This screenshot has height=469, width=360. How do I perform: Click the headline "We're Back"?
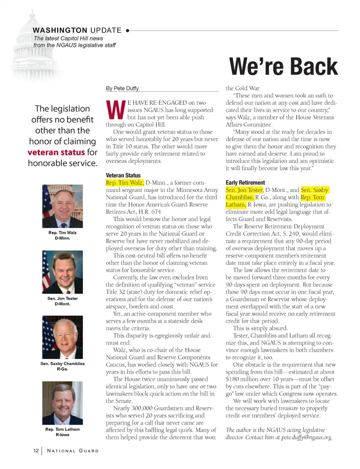tap(283, 67)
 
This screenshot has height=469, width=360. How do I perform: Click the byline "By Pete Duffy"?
tap(122, 88)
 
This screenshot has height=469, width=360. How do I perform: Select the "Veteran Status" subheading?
tap(123, 175)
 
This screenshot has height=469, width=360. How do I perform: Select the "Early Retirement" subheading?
tap(245, 183)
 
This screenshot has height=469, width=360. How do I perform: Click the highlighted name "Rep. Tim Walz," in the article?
tap(124, 183)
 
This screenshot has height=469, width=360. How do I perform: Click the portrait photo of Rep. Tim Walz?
tap(63, 206)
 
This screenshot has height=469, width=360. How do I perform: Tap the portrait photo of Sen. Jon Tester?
tap(63, 272)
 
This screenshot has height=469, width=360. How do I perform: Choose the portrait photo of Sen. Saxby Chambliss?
tap(63, 337)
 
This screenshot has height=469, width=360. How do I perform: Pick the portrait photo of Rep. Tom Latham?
tap(63, 403)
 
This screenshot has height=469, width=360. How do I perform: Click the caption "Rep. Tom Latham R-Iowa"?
tap(63, 432)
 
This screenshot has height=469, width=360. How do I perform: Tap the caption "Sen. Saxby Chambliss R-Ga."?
tap(63, 366)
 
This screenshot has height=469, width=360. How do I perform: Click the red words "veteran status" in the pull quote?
tap(56, 152)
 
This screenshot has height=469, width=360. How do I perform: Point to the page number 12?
tap(36, 451)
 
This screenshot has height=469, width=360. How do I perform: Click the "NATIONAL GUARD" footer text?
tap(73, 451)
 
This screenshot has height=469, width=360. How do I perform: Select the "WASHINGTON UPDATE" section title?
tap(77, 30)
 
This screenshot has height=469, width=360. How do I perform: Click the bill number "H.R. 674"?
tap(150, 212)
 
